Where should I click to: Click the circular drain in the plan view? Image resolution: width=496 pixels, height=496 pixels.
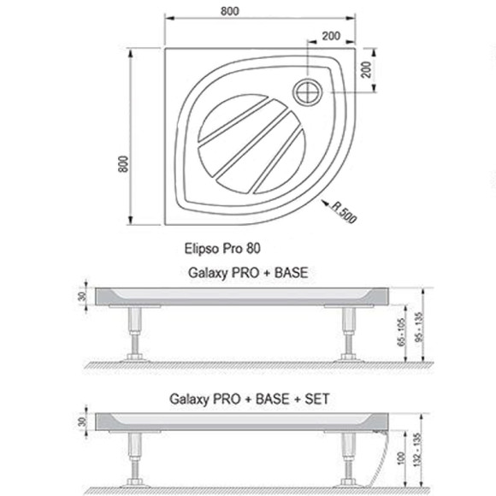(x=308, y=92)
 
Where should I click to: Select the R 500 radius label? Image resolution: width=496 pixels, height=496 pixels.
(x=344, y=213)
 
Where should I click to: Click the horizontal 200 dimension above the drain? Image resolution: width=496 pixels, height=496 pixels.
(x=331, y=36)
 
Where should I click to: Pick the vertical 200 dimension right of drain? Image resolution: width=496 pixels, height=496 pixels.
(x=366, y=69)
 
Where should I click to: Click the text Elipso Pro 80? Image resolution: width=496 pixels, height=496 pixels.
(x=222, y=248)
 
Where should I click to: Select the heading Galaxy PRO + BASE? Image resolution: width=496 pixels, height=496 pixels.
(x=248, y=273)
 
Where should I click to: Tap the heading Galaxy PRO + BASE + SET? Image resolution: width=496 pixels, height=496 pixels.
(x=250, y=399)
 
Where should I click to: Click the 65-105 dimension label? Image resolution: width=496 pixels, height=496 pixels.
(x=401, y=332)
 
